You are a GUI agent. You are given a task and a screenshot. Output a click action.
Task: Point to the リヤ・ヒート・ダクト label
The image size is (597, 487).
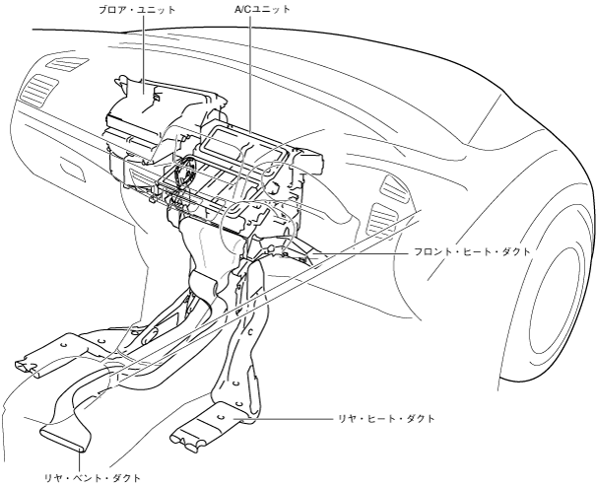(388, 418)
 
